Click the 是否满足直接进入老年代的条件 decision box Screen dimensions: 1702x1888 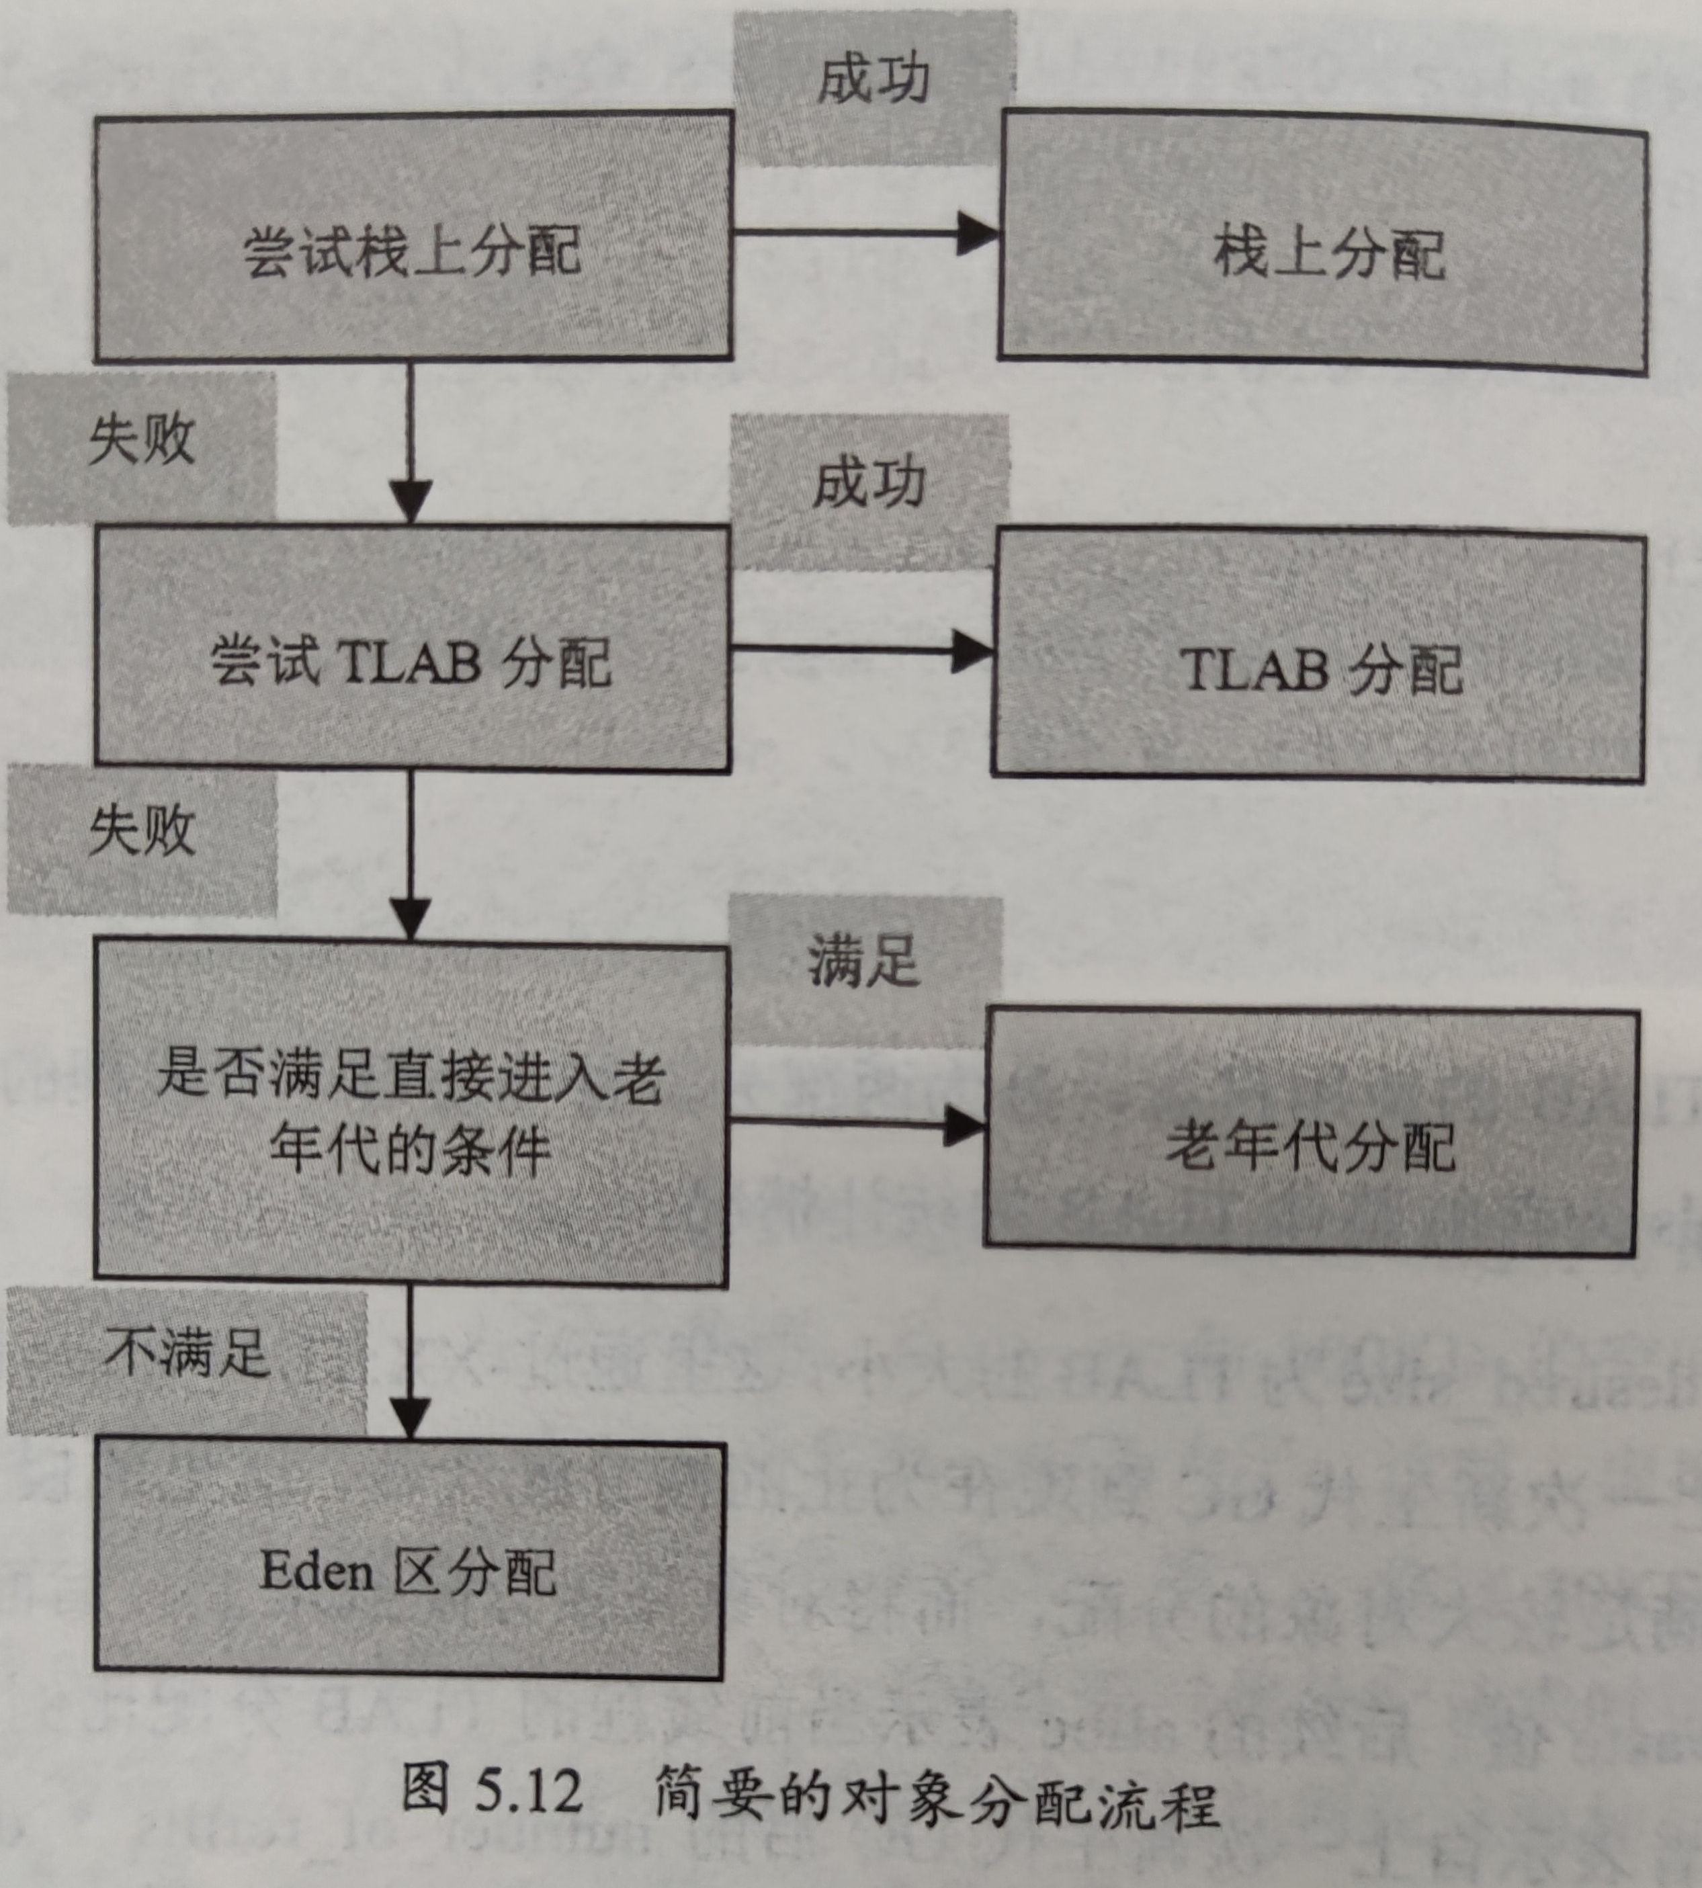411,1113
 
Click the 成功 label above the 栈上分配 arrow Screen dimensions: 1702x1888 874,81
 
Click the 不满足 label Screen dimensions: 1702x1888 187,1354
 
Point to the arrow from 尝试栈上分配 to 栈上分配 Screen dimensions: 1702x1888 865,233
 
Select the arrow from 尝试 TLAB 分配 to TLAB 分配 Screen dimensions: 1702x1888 860,649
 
